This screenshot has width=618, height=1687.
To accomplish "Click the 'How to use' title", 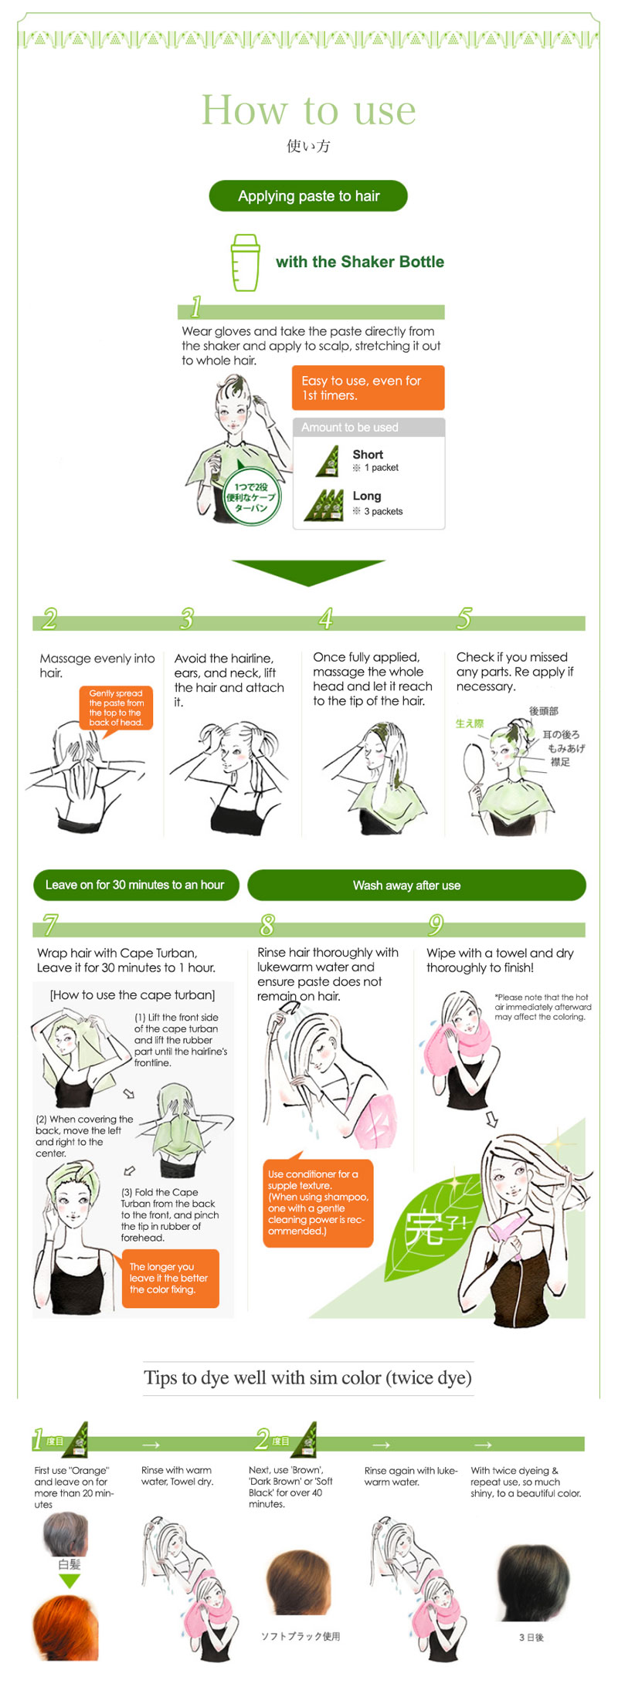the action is [x=308, y=110].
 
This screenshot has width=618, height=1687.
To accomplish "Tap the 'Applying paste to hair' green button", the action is [x=308, y=196].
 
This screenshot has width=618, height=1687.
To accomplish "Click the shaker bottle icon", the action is [x=246, y=263].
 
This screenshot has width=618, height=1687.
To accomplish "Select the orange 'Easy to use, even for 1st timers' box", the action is [x=368, y=388].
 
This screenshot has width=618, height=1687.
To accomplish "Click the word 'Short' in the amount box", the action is [x=368, y=455].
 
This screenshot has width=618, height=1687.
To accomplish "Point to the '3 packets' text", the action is [x=383, y=511].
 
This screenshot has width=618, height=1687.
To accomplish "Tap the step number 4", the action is [x=326, y=618].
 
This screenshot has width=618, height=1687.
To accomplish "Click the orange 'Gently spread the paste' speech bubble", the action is [x=116, y=708].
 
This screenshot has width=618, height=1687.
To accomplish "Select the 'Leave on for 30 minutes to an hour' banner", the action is [x=136, y=885].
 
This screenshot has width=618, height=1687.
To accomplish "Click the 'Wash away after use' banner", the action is [x=416, y=885].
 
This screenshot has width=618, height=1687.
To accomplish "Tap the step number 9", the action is [x=436, y=924].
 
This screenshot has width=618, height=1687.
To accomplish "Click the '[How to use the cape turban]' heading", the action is [x=132, y=994].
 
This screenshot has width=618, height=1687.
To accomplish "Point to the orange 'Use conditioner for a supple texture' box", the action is [x=317, y=1201].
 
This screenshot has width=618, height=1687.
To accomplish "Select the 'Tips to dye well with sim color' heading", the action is [x=308, y=1377].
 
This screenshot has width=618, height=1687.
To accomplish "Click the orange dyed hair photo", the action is [x=66, y=1628].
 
